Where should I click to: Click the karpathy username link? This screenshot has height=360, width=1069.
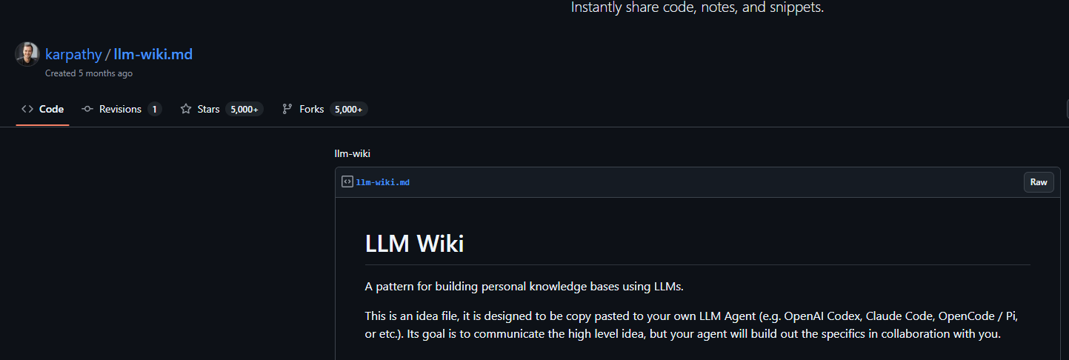73,54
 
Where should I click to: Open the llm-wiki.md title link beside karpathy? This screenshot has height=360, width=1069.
153,54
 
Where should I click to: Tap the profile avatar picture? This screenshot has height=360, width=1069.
27,54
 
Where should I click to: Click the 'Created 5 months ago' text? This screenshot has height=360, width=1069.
89,73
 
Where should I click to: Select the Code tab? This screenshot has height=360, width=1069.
42,110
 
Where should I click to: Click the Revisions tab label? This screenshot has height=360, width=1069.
120,110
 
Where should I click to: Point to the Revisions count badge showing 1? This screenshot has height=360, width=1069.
154,110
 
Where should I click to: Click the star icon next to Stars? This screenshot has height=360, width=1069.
186,110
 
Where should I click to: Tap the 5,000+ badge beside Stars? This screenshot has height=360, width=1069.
244,110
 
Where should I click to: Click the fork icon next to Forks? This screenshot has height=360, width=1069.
287,110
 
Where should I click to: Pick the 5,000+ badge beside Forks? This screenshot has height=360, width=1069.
348,110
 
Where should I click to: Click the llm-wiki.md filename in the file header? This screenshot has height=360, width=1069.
383,182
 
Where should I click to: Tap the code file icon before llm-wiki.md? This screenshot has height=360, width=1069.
347,182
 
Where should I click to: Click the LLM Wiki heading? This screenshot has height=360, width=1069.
414,244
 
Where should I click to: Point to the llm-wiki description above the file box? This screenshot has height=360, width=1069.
352,154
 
